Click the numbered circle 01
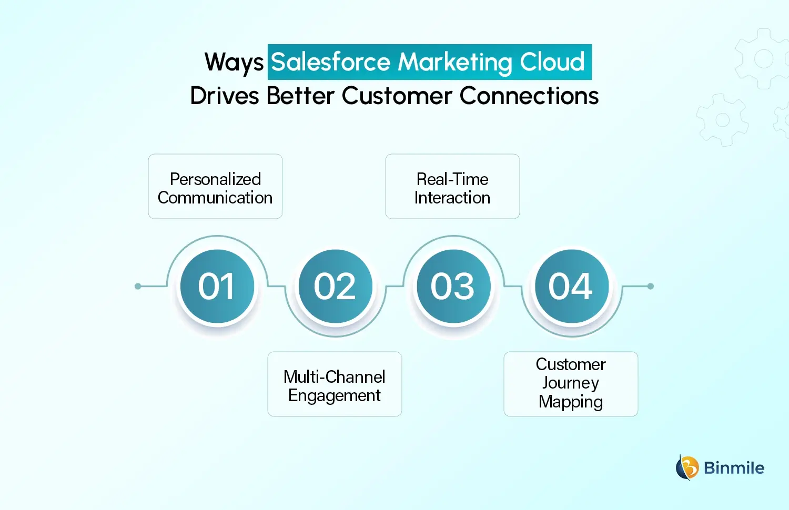[x=217, y=287]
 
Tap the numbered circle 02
[x=335, y=287]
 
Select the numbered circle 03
[x=453, y=287]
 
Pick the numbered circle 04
[x=571, y=287]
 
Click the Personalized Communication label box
[x=215, y=187]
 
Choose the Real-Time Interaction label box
[x=452, y=187]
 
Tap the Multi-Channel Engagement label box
[x=335, y=384]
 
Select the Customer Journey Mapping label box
[x=571, y=384]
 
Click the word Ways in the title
[x=234, y=63]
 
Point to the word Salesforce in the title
[x=330, y=62]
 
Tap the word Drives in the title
[x=225, y=96]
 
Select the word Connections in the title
[x=529, y=96]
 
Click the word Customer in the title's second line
[x=397, y=96]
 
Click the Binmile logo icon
[x=686, y=467]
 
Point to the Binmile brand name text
[x=734, y=468]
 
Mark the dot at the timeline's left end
[x=138, y=287]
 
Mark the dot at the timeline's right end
[x=651, y=287]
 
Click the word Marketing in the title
[x=454, y=62]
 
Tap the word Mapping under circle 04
[x=571, y=402]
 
